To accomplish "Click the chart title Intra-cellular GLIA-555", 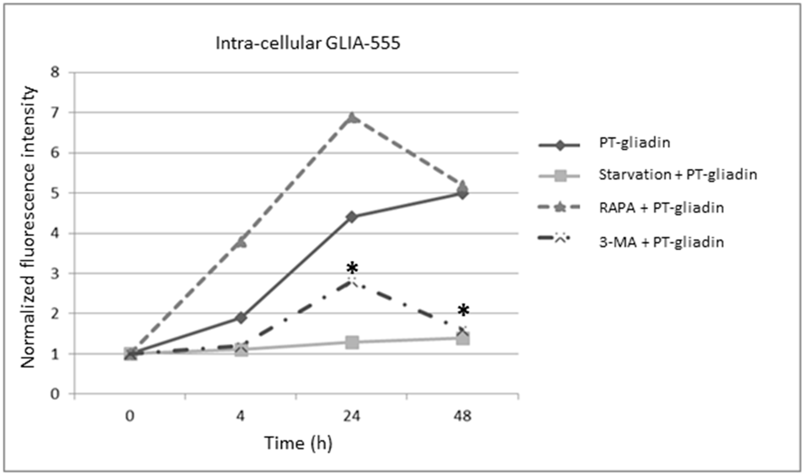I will (308, 43).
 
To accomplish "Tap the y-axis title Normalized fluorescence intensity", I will (28, 227).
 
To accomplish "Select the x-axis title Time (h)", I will (298, 443).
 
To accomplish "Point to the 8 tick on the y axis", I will (55, 72).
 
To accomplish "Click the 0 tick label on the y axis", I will (55, 394).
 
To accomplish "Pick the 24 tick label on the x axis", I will (352, 416).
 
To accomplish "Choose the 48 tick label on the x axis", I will (463, 416).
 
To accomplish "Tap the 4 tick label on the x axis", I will (241, 416).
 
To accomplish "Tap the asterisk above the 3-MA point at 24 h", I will (352, 268).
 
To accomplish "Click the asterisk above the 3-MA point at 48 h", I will (463, 310).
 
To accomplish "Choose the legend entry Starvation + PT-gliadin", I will (678, 175).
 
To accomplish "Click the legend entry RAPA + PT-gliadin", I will (661, 208).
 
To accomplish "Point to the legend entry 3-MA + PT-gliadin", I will (661, 242).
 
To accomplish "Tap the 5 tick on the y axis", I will (55, 193).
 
